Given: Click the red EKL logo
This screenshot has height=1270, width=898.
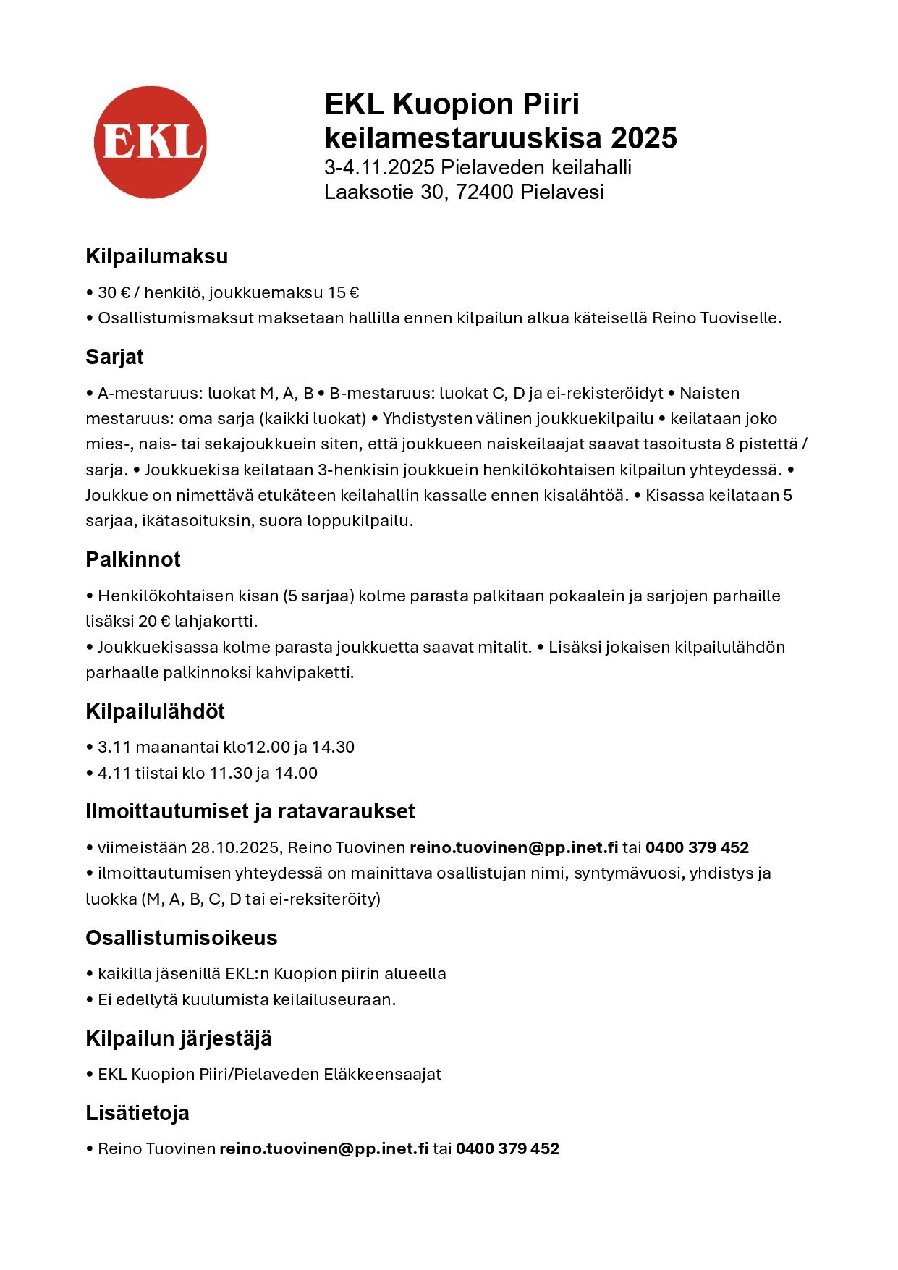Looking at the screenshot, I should (x=150, y=142).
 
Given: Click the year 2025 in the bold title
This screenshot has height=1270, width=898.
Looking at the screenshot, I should (x=643, y=137).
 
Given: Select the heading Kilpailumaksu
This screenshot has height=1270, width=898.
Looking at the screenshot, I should (x=156, y=256).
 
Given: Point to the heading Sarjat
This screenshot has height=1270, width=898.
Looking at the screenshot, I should (x=114, y=357).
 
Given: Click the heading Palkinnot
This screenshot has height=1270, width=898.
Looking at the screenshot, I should (x=133, y=559).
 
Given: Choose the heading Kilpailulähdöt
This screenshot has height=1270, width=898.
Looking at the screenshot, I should (x=155, y=711).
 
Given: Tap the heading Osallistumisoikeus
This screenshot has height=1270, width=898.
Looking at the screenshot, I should (x=182, y=938).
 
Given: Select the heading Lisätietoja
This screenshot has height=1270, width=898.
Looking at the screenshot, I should (x=137, y=1113).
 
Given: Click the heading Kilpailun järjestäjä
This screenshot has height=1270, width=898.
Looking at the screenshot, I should (x=179, y=1038).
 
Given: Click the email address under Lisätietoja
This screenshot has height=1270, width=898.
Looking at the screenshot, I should (x=324, y=1148).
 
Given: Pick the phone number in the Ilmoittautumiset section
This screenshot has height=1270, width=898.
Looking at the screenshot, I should (x=697, y=847).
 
